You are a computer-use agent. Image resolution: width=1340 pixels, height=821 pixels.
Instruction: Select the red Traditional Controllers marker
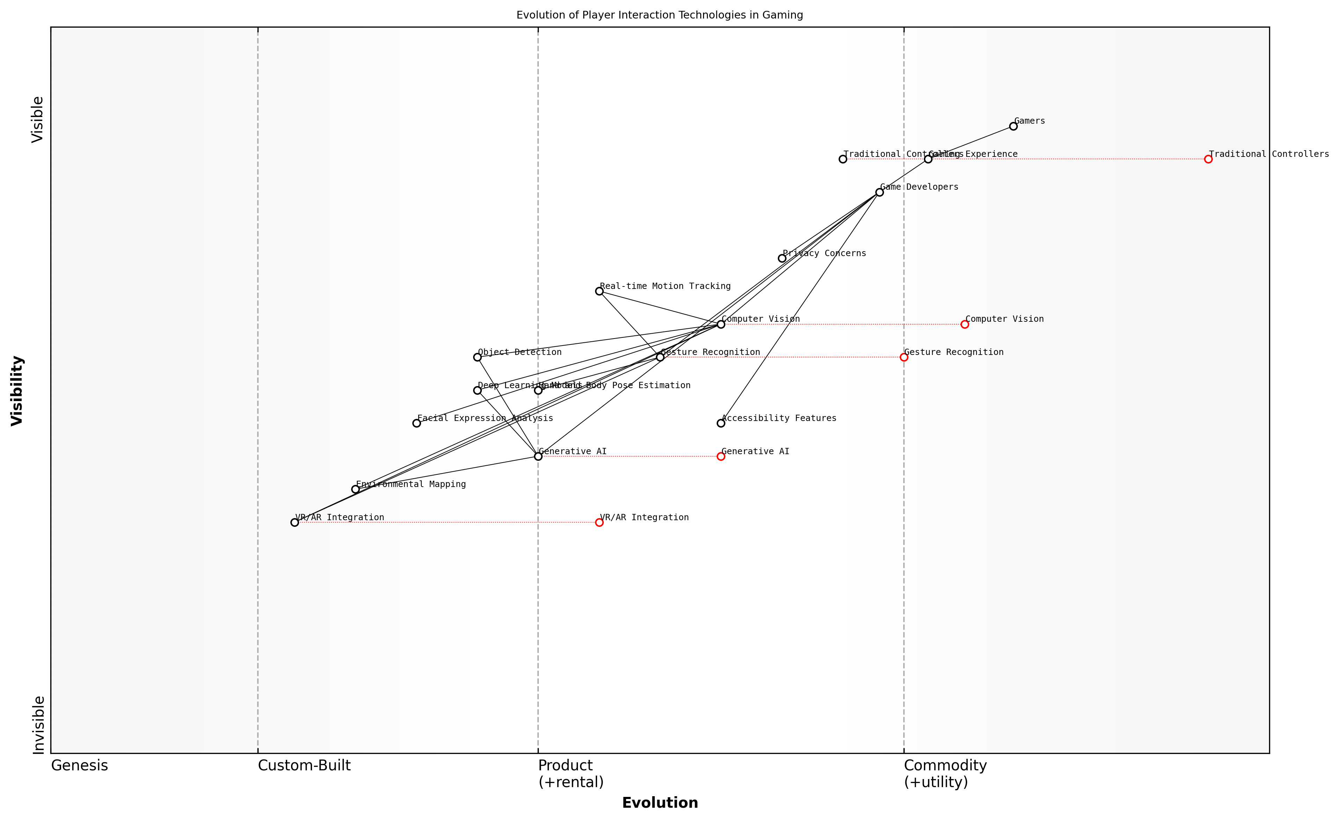click(1208, 159)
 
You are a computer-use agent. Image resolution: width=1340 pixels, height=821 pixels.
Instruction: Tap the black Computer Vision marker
click(720, 325)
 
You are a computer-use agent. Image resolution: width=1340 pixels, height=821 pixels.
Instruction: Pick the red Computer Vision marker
click(964, 325)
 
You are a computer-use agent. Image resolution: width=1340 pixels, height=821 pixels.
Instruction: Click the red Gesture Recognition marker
click(903, 357)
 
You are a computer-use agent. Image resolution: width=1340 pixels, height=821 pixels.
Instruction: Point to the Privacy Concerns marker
click(782, 258)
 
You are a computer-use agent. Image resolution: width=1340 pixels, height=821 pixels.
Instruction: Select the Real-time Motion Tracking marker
click(599, 291)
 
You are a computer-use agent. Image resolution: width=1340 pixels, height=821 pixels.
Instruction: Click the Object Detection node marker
click(477, 357)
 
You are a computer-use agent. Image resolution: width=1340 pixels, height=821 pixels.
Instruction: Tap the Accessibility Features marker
click(720, 423)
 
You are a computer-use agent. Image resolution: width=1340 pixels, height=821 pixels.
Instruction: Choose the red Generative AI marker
click(720, 456)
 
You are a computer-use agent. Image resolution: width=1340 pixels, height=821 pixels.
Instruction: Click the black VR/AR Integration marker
click(294, 523)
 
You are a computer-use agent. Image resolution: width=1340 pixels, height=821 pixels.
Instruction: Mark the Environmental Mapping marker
click(355, 489)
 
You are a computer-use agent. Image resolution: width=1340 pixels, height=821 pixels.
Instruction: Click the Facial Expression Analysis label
click(485, 418)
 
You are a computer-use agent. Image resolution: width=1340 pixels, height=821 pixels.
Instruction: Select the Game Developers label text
click(919, 187)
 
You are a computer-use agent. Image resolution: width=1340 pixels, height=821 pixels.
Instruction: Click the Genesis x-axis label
click(79, 765)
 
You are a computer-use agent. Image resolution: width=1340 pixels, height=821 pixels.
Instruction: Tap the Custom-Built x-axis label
click(304, 765)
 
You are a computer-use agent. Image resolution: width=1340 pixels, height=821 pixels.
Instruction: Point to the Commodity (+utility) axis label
click(944, 773)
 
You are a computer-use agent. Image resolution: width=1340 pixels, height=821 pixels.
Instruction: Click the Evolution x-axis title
click(659, 803)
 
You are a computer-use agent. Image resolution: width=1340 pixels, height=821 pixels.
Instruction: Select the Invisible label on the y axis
click(38, 725)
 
